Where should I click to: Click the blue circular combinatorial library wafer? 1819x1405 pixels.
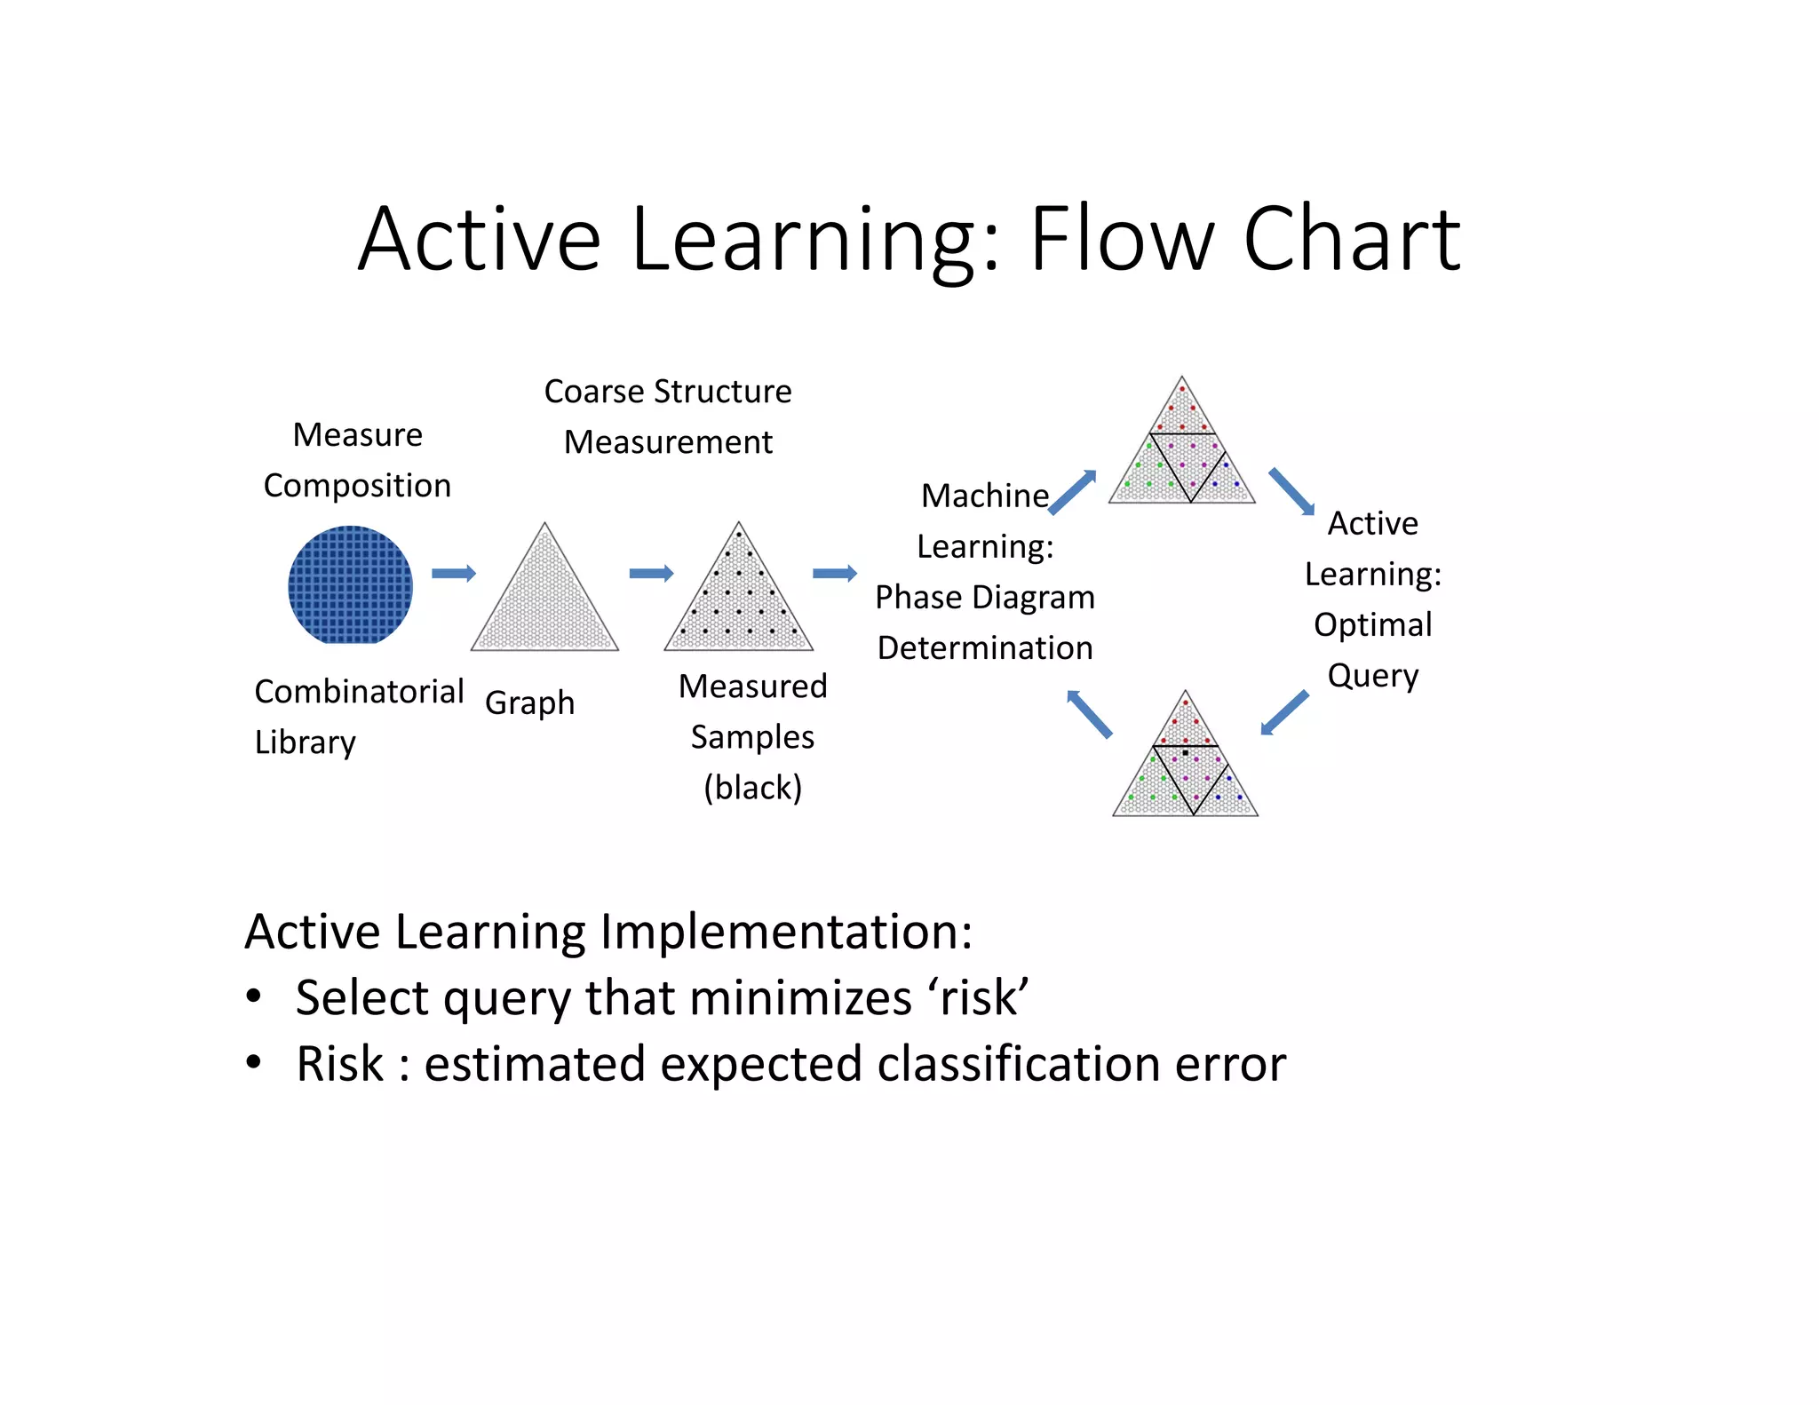point(350,585)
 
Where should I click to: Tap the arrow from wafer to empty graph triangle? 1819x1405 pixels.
point(454,573)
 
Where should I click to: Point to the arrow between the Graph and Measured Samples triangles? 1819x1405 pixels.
point(651,573)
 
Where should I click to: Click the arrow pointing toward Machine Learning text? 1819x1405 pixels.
point(835,573)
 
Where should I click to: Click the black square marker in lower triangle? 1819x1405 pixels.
point(1186,752)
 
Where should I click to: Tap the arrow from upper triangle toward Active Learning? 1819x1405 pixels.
point(1291,491)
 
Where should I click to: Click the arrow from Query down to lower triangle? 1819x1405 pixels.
point(1284,713)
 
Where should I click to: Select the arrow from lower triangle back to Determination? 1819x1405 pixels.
point(1089,713)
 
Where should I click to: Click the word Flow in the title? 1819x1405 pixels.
point(1122,239)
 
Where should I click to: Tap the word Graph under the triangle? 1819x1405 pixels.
point(529,703)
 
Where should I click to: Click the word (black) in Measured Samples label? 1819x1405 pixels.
point(752,787)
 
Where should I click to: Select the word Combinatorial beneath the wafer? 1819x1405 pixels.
point(359,691)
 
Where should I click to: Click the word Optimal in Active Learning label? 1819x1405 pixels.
point(1372,624)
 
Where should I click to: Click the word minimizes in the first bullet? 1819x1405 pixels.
point(799,997)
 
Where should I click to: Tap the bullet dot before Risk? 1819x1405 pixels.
point(254,1062)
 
